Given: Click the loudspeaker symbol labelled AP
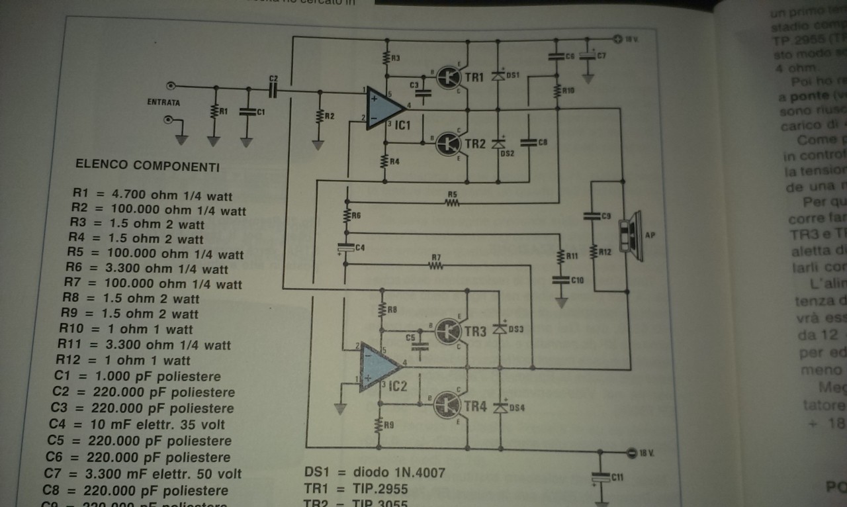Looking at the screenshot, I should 627,232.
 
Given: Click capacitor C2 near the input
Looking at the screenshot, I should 273,90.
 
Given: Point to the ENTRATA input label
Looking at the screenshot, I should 163,103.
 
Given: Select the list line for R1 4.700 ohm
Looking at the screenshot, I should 153,196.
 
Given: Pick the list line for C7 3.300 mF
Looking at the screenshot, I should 143,473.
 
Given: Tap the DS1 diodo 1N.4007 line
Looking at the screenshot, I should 375,473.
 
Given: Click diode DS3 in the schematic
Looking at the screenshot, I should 501,328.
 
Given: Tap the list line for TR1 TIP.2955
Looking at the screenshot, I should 356,489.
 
